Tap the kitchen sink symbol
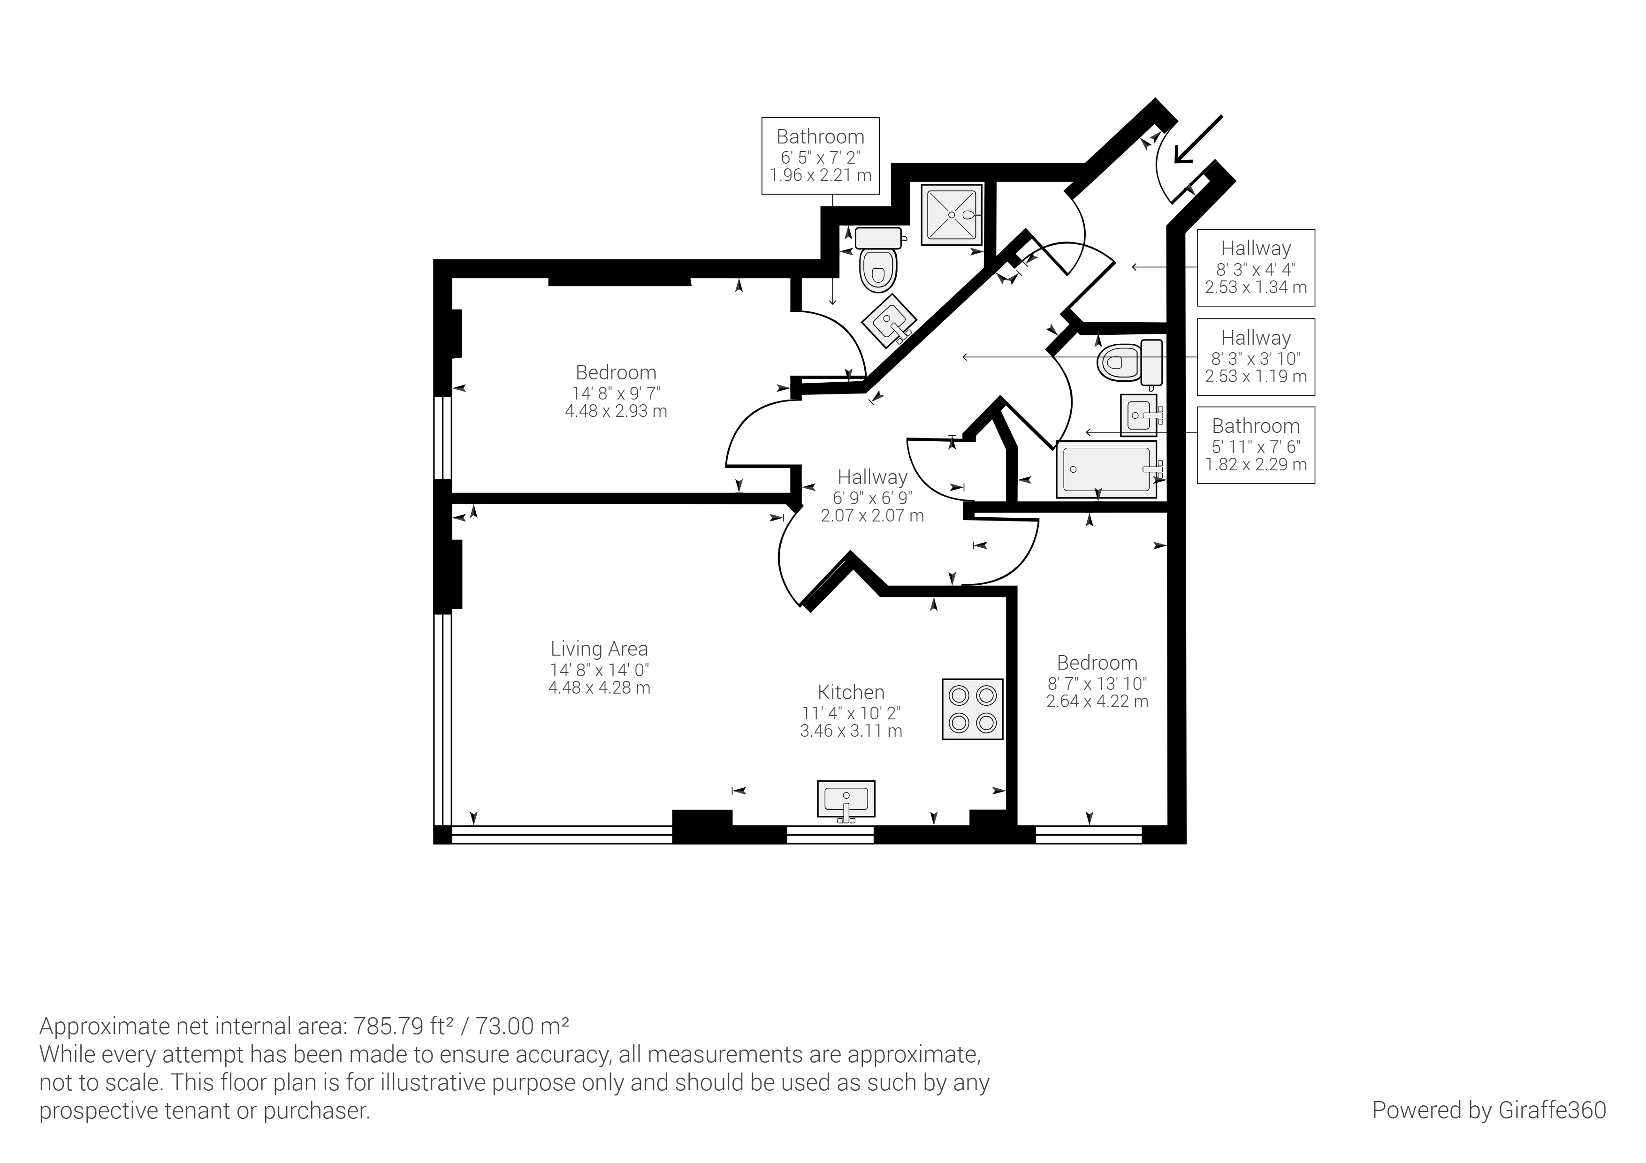coord(846,801)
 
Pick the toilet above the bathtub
coord(1129,362)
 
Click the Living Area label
coord(599,649)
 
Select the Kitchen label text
coord(851,692)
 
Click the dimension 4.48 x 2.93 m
coord(616,411)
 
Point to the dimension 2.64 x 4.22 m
coord(1097,702)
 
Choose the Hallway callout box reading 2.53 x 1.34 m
coord(1256,267)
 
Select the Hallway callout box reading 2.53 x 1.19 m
coord(1256,357)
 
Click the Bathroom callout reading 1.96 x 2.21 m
coord(820,156)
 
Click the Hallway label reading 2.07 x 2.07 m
coord(872,496)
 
